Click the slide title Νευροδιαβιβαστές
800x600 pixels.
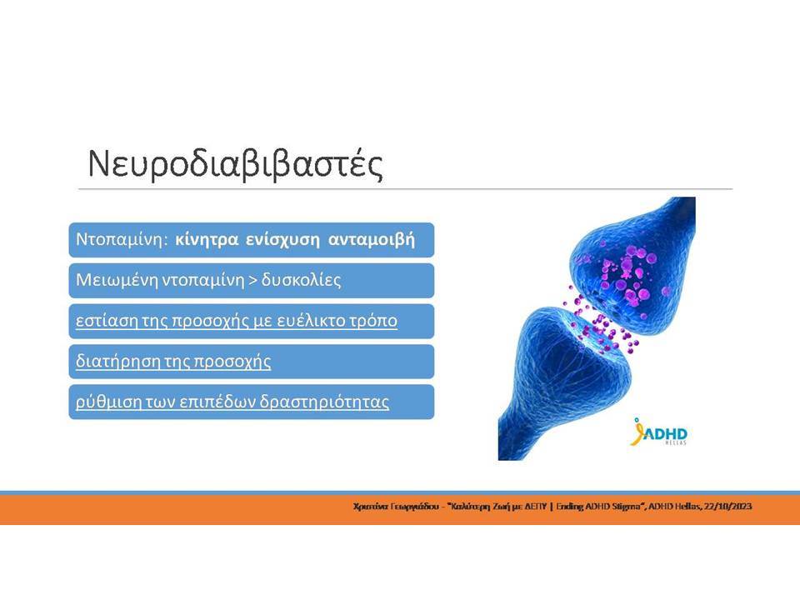tap(235, 164)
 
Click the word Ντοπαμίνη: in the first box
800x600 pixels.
tap(122, 239)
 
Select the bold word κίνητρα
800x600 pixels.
tap(207, 240)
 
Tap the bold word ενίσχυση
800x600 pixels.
tap(282, 240)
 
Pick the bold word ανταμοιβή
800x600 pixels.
tap(372, 240)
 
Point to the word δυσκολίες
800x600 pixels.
tap(301, 280)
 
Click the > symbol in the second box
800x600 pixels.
tap(252, 281)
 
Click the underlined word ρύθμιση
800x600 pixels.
tap(108, 402)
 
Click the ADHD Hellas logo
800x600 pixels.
tap(658, 432)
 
